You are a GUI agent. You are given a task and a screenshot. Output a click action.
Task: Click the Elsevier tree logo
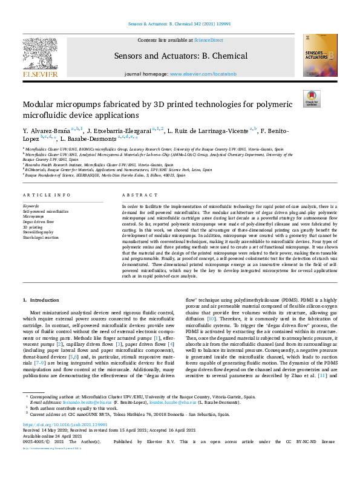click(41, 54)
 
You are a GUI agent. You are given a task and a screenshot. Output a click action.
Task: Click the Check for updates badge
click(311, 98)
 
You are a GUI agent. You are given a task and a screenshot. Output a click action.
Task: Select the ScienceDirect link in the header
click(208, 40)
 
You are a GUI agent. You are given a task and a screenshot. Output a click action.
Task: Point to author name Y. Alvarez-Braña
click(46, 131)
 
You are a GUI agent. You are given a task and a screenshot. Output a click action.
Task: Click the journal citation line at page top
click(180, 24)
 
